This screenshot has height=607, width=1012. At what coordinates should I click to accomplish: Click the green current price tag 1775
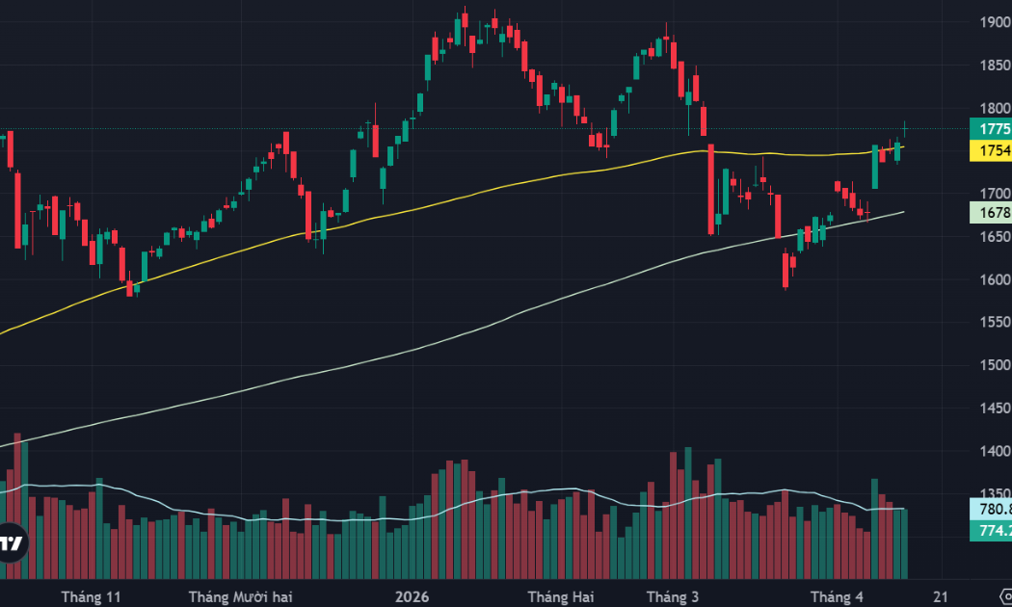992,129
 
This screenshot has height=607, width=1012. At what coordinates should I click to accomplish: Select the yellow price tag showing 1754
992,150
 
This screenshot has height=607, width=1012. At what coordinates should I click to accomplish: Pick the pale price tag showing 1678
992,213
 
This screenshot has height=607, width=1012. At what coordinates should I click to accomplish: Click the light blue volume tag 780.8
992,509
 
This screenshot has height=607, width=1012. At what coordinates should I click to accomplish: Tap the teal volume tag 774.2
992,530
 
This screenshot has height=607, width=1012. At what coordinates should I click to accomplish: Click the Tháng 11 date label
92,597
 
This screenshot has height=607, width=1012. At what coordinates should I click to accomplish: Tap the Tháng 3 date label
672,597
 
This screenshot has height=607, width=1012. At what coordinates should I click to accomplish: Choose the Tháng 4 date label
837,597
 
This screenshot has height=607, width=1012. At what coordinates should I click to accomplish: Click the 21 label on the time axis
942,597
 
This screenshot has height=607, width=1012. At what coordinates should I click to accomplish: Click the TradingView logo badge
12,543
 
